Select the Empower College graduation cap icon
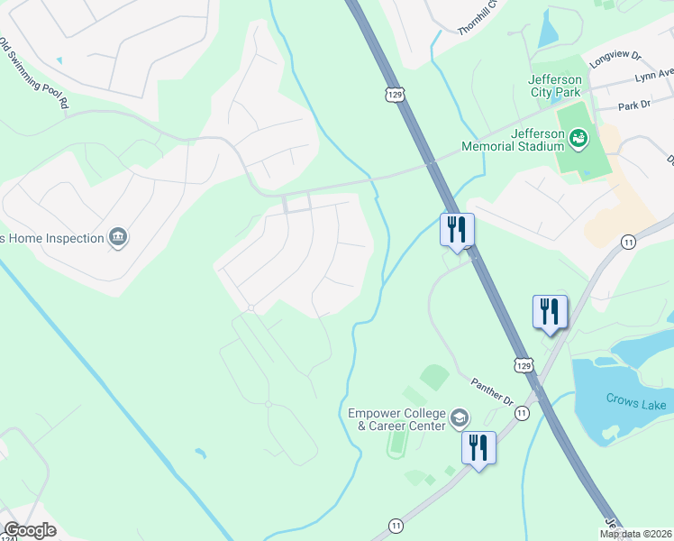coord(460,418)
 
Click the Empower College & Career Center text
coord(397,419)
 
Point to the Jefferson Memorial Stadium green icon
coord(578,138)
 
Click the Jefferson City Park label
coord(554,90)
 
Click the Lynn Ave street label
coord(654,74)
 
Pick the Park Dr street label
coord(634,105)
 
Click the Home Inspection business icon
coord(117,238)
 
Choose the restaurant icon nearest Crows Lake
coord(550,312)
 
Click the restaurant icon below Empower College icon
coord(478,448)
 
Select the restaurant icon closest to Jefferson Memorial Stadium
coord(457,230)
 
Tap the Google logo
coord(30,530)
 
